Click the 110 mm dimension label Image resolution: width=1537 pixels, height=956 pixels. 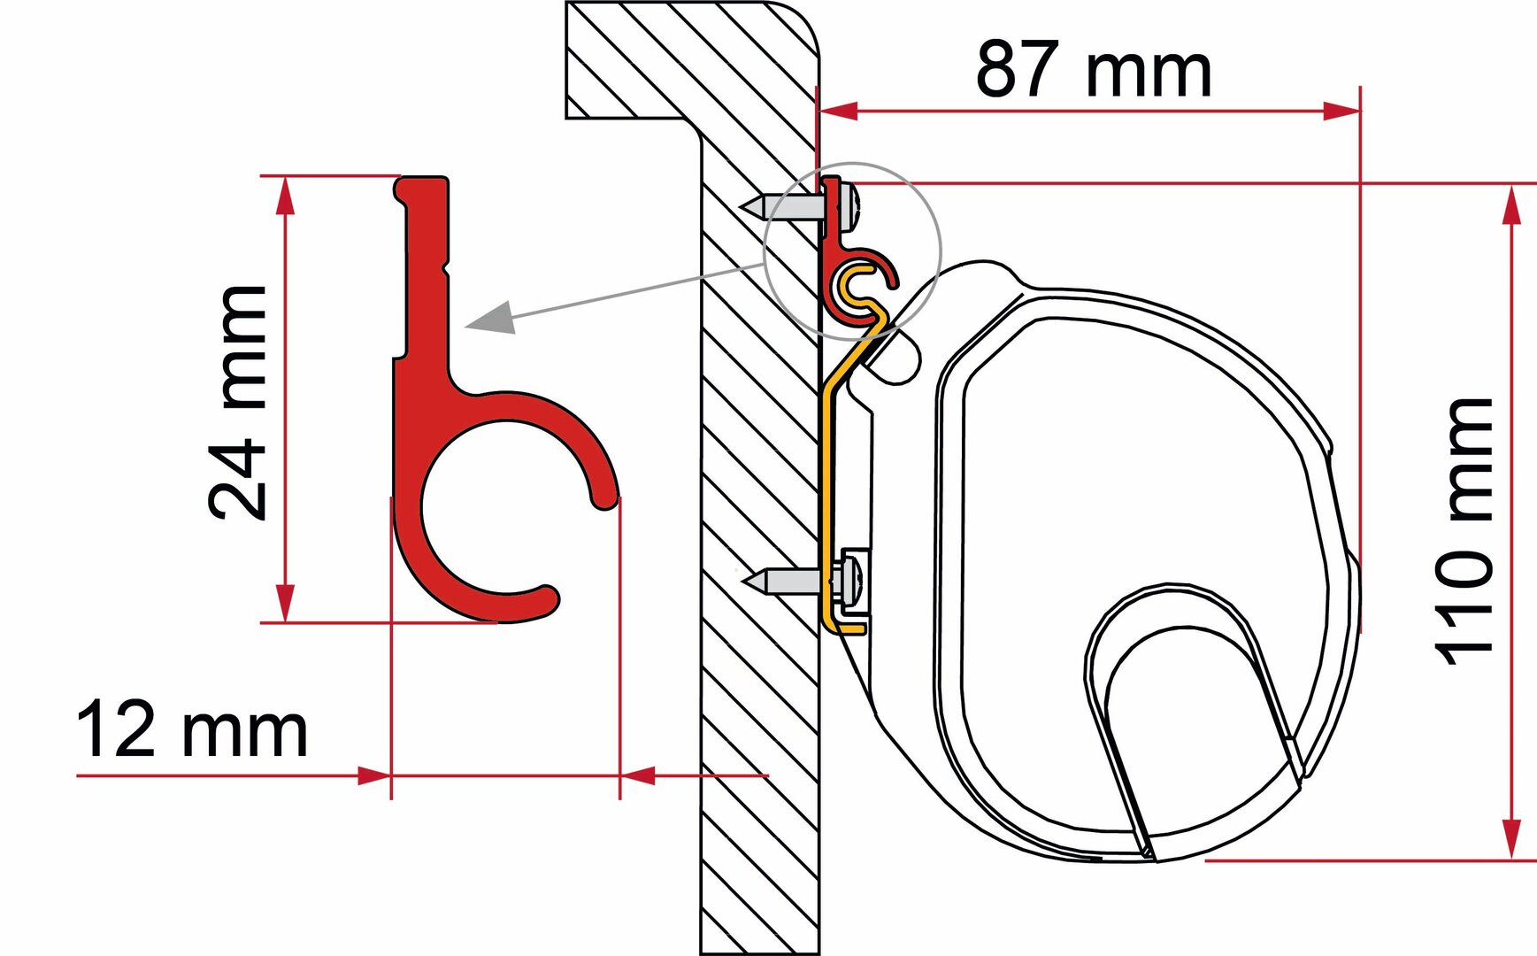pos(1464,531)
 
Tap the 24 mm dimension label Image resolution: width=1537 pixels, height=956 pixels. pos(237,402)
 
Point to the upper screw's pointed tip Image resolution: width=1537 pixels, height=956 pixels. pos(742,206)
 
